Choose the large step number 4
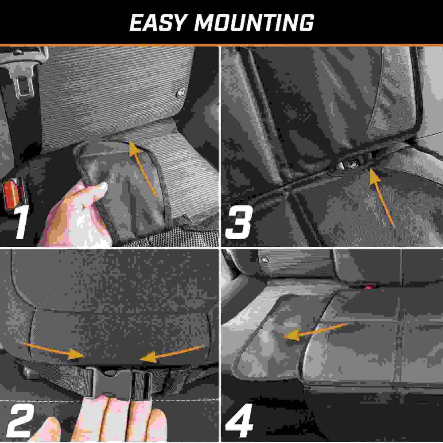239,421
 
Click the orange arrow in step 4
315,331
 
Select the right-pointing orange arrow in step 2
54,351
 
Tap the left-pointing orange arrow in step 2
171,354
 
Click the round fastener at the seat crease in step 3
352,164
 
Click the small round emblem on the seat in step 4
265,260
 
